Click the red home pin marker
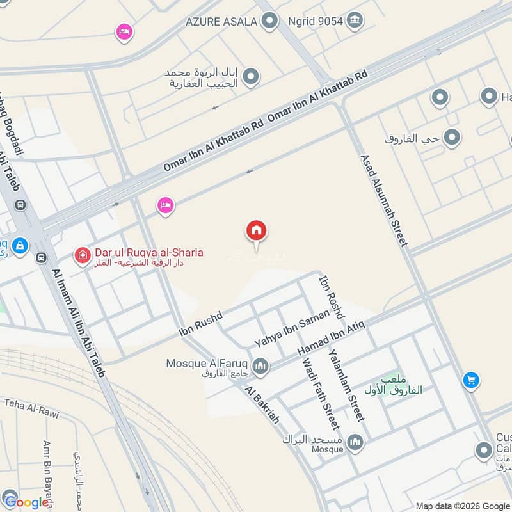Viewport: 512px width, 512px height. (257, 231)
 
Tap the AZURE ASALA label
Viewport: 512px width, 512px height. (221, 22)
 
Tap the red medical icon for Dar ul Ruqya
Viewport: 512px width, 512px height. (82, 257)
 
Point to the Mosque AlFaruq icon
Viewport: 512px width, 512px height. (260, 366)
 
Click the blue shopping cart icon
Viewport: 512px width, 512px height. (471, 380)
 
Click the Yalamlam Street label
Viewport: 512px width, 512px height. (346, 385)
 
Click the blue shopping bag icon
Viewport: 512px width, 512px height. (20, 245)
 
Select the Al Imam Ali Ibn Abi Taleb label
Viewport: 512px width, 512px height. (78, 323)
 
